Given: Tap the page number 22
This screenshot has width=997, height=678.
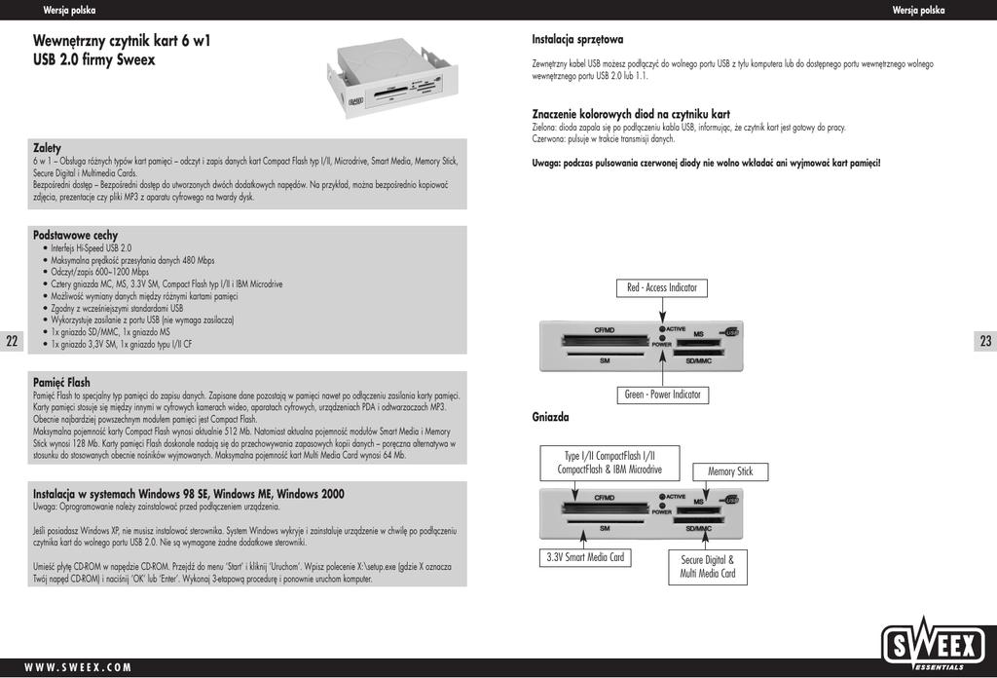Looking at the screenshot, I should tap(12, 341).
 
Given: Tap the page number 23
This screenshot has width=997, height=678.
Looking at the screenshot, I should tap(985, 341).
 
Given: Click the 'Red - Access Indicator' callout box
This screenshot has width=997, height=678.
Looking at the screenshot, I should tap(662, 288).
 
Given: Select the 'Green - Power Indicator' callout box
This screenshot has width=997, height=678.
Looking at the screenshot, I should tap(662, 395).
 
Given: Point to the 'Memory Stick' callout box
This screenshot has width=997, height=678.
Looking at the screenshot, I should tap(730, 471).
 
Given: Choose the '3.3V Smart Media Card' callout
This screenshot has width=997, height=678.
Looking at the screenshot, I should tap(584, 558).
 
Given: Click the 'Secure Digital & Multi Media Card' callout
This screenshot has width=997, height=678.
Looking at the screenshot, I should tap(708, 567).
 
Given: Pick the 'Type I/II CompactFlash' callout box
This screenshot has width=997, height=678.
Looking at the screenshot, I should tap(609, 462).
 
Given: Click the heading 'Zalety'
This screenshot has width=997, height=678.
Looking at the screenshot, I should tap(47, 148).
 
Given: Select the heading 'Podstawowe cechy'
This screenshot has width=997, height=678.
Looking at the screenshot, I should tap(75, 236).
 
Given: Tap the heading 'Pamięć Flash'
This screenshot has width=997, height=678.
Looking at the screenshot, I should tap(61, 383).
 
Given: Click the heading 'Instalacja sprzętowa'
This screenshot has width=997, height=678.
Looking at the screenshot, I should tap(577, 40).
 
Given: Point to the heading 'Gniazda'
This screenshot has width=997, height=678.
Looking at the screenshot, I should tap(550, 417).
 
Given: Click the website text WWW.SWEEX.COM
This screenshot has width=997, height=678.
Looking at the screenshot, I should tap(78, 667).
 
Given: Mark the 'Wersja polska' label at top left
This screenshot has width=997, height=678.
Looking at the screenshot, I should tap(69, 10).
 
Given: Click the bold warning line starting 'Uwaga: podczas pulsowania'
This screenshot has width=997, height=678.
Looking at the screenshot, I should tap(706, 163).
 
